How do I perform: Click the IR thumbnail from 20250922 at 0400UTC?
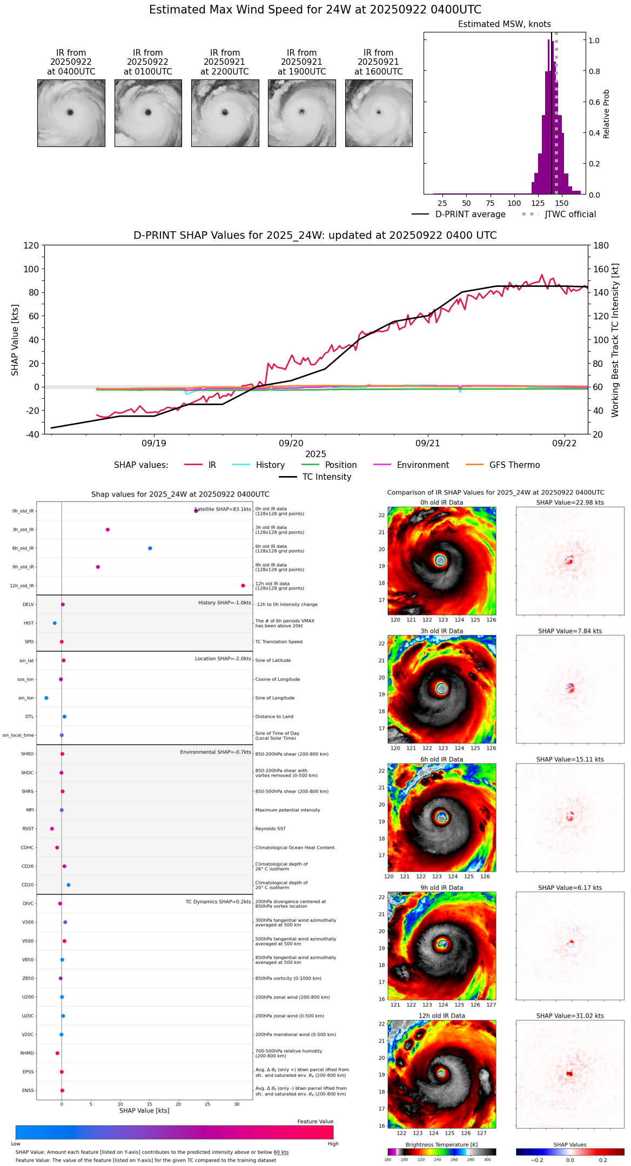71,113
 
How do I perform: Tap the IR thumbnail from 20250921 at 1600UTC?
379,113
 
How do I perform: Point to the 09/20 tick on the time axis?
291,443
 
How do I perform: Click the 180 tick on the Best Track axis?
601,246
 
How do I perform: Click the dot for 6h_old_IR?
150,548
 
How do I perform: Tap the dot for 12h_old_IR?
243,586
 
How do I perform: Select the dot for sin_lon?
46,698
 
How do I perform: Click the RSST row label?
28,829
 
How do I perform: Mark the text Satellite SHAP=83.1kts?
223,510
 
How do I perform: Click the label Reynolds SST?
270,829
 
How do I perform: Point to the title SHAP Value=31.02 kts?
570,1016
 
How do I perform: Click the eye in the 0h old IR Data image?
440,560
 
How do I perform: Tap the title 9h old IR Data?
441,888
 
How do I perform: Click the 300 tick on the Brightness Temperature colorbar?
487,1160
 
